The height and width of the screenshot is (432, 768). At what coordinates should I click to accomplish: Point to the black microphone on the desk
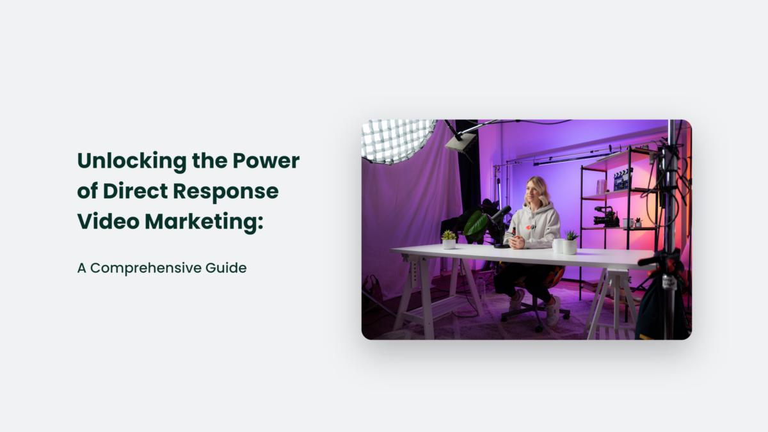502,214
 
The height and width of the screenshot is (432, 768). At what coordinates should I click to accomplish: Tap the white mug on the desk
558,246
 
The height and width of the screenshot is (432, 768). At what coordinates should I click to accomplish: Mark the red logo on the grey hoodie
529,227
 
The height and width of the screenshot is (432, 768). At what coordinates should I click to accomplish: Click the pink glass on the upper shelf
600,186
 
